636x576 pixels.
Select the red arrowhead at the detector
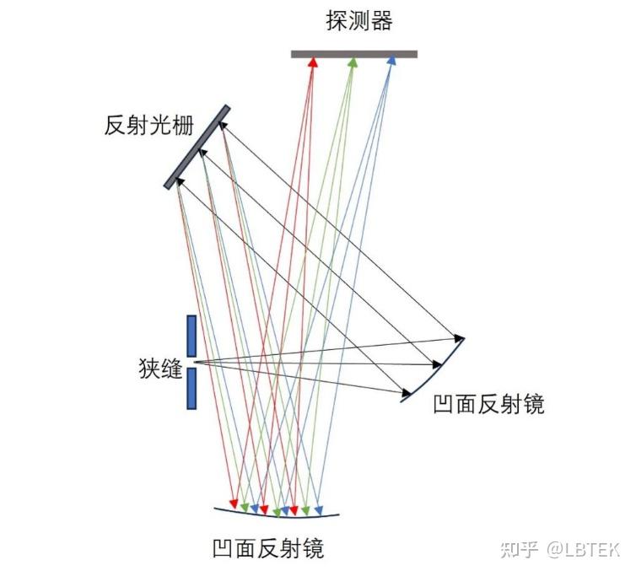point(313,62)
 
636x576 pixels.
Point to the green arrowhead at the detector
point(353,62)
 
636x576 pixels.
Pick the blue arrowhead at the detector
point(391,62)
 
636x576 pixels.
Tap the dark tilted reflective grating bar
point(197,147)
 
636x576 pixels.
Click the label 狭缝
point(160,369)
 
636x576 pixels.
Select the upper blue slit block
point(191,336)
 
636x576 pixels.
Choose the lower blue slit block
point(191,388)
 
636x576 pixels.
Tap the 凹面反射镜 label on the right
point(488,404)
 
